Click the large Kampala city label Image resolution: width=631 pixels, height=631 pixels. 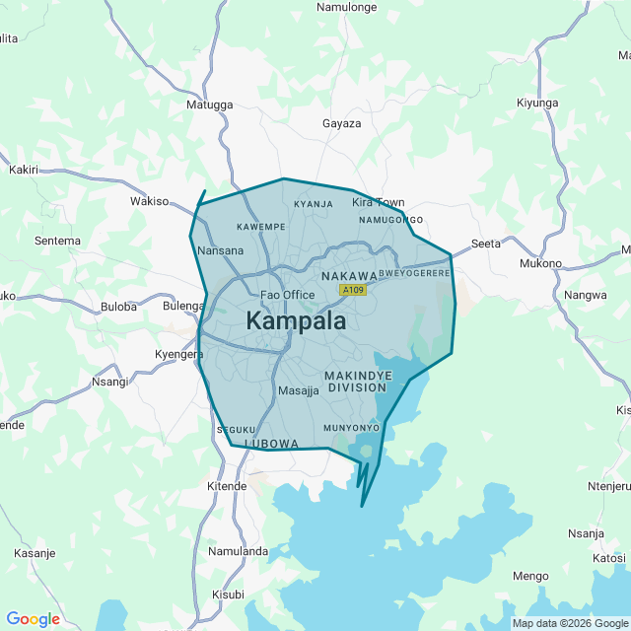pyautogui.click(x=296, y=321)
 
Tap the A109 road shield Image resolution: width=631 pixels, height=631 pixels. pyautogui.click(x=352, y=290)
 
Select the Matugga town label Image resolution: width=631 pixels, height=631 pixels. pyautogui.click(x=210, y=104)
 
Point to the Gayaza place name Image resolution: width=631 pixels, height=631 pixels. pyautogui.click(x=342, y=123)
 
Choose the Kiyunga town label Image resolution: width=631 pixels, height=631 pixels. pyautogui.click(x=537, y=103)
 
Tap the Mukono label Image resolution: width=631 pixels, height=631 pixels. pyautogui.click(x=540, y=263)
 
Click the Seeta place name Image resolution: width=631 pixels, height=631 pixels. pyautogui.click(x=486, y=243)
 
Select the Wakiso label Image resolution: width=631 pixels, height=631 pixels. pyautogui.click(x=150, y=201)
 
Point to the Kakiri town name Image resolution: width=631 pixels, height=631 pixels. pyautogui.click(x=23, y=170)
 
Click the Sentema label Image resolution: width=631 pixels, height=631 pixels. pyautogui.click(x=57, y=240)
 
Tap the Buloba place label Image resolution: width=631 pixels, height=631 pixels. pyautogui.click(x=118, y=307)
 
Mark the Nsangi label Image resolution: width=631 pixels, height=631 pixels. pyautogui.click(x=109, y=382)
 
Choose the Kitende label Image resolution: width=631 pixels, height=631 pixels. pyautogui.click(x=227, y=486)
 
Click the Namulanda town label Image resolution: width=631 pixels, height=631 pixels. pyautogui.click(x=239, y=551)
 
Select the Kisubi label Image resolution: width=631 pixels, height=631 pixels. pyautogui.click(x=228, y=595)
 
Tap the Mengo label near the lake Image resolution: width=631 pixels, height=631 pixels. pyautogui.click(x=530, y=576)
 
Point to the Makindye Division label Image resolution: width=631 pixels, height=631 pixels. pyautogui.click(x=358, y=382)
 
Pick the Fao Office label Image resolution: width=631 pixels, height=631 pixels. pyautogui.click(x=287, y=295)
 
